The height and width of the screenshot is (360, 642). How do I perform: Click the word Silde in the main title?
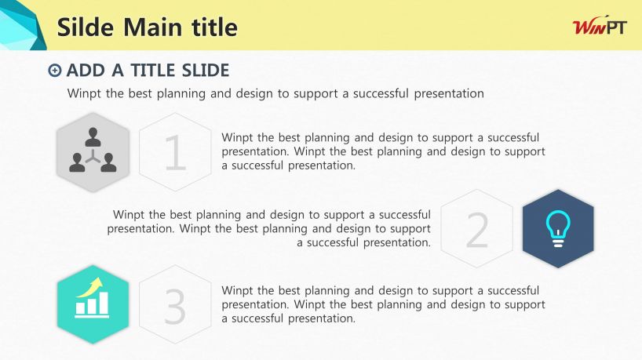(x=86, y=27)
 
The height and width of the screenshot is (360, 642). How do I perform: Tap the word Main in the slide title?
(x=152, y=27)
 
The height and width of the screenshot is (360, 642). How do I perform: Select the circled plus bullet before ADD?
(x=54, y=71)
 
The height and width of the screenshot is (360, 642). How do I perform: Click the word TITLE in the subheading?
(x=152, y=71)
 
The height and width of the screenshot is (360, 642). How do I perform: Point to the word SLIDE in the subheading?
(x=205, y=71)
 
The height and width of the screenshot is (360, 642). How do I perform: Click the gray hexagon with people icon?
(x=93, y=152)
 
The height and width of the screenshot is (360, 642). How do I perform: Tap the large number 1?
(x=175, y=153)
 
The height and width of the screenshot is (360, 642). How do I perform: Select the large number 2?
(x=477, y=230)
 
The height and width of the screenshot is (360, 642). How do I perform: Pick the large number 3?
(x=175, y=307)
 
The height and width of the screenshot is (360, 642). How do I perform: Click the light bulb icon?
(x=558, y=229)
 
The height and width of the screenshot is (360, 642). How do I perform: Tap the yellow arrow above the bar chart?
(x=90, y=287)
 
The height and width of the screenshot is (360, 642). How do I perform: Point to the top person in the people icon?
(x=93, y=137)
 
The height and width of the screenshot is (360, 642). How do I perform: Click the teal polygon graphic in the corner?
(x=21, y=25)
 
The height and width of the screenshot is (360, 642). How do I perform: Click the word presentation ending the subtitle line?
(x=449, y=93)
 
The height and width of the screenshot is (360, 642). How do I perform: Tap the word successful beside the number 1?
(x=513, y=137)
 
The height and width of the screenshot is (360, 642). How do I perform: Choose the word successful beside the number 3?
(x=513, y=290)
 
